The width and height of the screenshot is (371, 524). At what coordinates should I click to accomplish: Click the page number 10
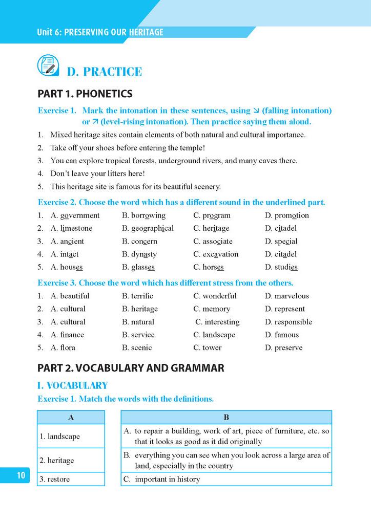[20, 475]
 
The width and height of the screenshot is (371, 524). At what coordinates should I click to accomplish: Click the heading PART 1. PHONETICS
[85, 94]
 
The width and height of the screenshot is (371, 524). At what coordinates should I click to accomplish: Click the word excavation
[220, 254]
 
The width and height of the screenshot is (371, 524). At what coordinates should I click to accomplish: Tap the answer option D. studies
[281, 267]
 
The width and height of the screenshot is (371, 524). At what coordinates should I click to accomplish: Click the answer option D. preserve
[283, 347]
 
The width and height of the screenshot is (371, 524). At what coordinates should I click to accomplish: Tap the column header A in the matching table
[71, 418]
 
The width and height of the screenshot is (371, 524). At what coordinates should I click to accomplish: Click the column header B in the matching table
[226, 418]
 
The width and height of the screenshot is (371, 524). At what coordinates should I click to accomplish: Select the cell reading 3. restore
[71, 479]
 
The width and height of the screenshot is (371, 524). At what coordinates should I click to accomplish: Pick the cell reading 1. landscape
[71, 436]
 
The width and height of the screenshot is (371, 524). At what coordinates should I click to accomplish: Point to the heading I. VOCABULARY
[73, 386]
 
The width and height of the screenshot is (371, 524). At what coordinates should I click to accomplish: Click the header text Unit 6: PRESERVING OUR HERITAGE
[100, 32]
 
